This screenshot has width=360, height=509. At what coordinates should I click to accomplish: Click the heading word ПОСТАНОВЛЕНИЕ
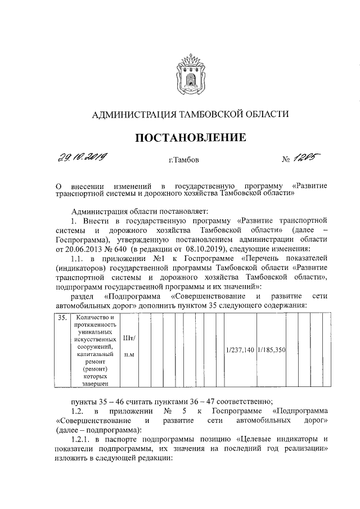190,137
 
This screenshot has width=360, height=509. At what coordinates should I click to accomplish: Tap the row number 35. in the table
64,318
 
